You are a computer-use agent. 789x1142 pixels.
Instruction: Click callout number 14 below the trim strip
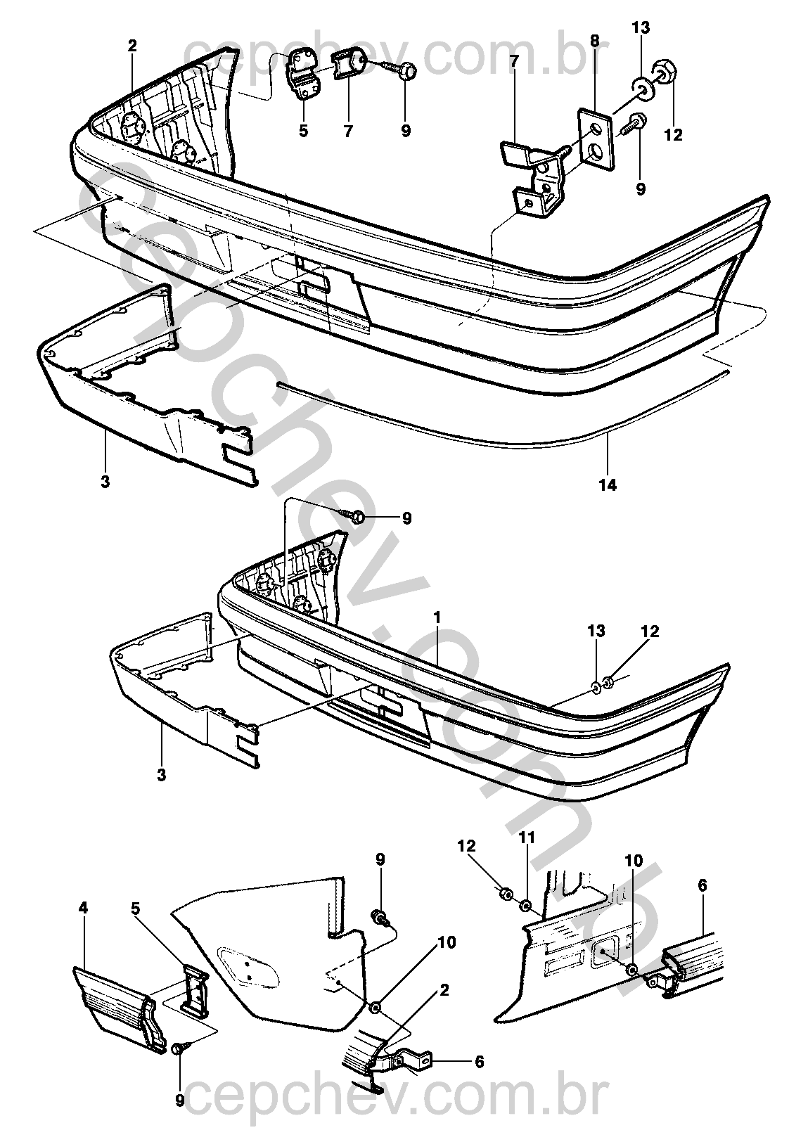608,485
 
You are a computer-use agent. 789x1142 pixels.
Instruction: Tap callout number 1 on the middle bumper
437,617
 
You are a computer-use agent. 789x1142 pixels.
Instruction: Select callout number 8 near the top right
595,41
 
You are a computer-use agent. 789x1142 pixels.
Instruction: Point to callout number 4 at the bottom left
83,908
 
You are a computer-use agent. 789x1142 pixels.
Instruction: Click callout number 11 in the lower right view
527,838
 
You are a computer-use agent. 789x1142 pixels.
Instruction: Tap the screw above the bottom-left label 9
178,1048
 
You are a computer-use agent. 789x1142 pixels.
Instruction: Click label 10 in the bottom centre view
446,942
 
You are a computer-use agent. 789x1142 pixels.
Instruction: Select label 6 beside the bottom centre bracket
480,1062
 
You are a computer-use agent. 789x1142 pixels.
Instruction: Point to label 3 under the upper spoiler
105,482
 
